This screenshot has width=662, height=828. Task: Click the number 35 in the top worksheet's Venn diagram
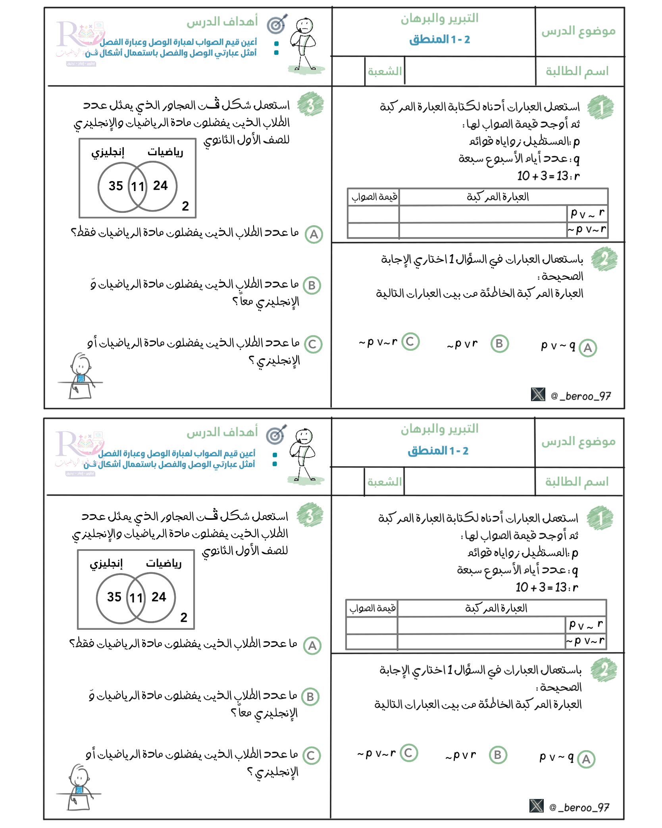coord(116,185)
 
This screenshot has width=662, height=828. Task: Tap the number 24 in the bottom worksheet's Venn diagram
coord(159,597)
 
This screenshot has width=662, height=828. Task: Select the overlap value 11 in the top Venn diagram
coord(138,186)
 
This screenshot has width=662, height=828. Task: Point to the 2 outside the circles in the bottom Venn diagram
coord(184,618)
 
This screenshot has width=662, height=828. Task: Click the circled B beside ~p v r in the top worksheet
coord(499,344)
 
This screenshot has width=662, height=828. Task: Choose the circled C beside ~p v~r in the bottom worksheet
coord(409,753)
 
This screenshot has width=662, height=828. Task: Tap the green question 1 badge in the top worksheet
coord(600,107)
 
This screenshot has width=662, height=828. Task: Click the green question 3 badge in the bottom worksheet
coord(310,515)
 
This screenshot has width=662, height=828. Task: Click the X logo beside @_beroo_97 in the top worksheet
coord(538,394)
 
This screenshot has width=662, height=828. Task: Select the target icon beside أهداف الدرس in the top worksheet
coord(277,25)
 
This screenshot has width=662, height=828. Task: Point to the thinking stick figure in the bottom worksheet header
coord(303,455)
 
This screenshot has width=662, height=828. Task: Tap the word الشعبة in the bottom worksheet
coord(384,482)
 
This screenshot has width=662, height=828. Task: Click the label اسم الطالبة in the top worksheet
coord(577,71)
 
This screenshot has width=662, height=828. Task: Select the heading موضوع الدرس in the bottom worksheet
coord(578,442)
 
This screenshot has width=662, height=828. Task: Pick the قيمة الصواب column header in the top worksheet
coord(374,197)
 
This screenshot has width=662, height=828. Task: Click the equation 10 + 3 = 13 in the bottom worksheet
coord(541,587)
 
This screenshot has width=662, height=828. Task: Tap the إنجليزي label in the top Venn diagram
coord(108,152)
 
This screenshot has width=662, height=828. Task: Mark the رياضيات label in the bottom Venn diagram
coord(164,564)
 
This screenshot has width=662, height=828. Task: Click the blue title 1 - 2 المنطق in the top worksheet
coord(439,39)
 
